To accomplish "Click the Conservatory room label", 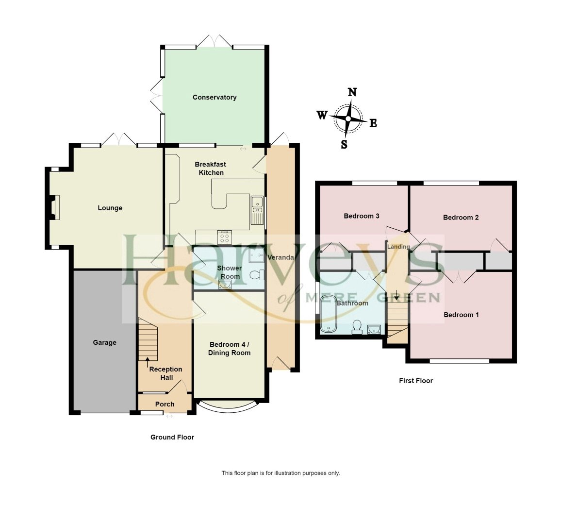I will (x=215, y=97).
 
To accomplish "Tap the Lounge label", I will (x=110, y=208).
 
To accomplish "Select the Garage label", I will (x=105, y=342).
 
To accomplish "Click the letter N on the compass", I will (x=353, y=92).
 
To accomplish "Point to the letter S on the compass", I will (x=344, y=144).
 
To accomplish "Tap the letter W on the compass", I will (x=322, y=115).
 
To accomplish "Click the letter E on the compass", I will (x=373, y=123).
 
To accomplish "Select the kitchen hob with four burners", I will (x=225, y=237).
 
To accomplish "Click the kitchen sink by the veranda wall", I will (x=257, y=210).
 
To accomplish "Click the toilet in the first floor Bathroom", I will (x=357, y=327).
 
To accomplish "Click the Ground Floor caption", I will (x=172, y=437).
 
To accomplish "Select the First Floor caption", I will (x=416, y=381).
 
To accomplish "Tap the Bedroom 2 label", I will (x=461, y=217).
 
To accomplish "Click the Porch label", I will (x=165, y=404).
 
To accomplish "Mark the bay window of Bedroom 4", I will (x=228, y=406).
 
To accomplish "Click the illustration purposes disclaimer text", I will (x=281, y=473).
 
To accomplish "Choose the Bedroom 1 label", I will (x=461, y=315).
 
